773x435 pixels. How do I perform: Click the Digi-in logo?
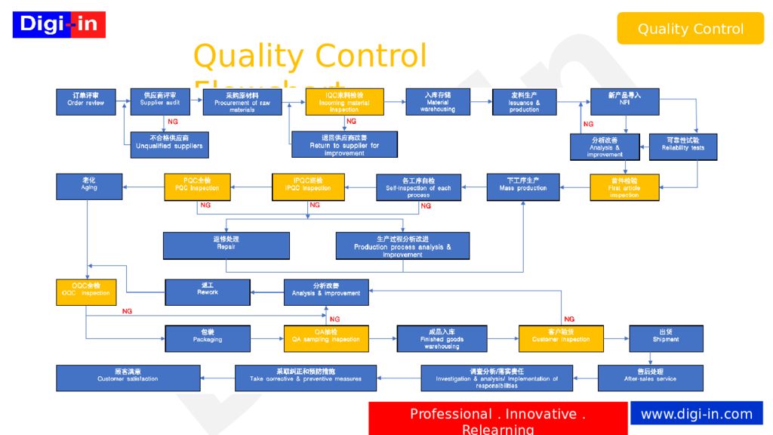point(59,25)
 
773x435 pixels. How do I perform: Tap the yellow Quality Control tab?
point(690,29)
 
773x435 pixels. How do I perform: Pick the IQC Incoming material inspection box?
point(344,102)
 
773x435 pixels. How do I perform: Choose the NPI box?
point(624,101)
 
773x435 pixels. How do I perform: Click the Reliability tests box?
point(682,147)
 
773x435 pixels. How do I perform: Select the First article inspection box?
point(624,187)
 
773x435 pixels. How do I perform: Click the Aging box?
point(89,187)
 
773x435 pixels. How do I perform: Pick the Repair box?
point(226,245)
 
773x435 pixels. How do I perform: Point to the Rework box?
point(208,292)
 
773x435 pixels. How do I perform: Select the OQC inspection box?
point(85,292)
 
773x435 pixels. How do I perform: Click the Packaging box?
point(208,338)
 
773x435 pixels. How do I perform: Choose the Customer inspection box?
point(561,338)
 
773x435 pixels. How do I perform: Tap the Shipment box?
point(666,338)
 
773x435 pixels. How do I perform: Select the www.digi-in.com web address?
point(696,414)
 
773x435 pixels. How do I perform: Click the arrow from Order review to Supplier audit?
point(125,101)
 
